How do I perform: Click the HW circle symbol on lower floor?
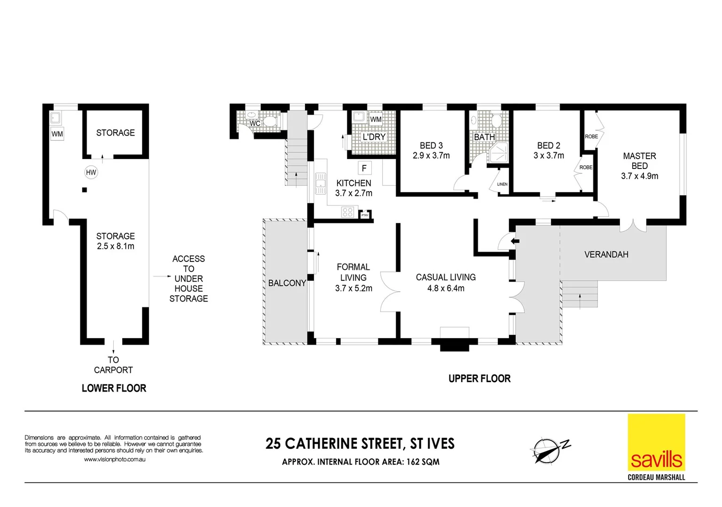[91, 172]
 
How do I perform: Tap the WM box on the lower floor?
[57, 134]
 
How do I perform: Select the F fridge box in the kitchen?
[364, 168]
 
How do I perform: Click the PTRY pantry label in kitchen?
[365, 215]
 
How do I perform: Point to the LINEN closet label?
[502, 184]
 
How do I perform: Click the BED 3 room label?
[431, 146]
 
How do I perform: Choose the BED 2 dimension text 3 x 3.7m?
[549, 155]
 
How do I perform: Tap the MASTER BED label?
[639, 161]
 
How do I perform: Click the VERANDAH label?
[606, 254]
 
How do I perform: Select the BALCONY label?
[287, 283]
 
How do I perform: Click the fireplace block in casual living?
[454, 345]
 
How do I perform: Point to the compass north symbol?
[548, 449]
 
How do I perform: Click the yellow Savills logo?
[656, 442]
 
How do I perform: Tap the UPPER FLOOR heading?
[479, 378]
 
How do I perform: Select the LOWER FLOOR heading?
[114, 388]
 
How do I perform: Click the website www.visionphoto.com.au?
[114, 459]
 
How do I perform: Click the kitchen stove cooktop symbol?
[347, 212]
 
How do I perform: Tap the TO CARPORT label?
[113, 365]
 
